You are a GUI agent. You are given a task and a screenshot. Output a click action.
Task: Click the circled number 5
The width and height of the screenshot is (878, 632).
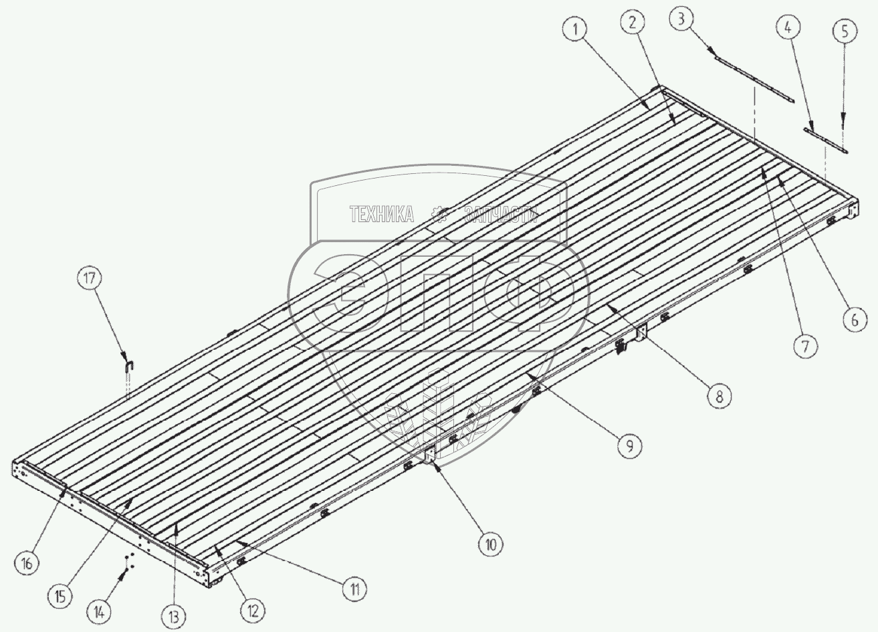click(843, 31)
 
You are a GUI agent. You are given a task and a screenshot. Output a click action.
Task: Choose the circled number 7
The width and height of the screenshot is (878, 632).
click(806, 345)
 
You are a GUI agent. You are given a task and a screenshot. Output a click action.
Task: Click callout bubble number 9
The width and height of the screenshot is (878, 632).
click(629, 446)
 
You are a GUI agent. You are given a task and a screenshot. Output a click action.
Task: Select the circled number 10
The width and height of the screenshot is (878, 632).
click(491, 544)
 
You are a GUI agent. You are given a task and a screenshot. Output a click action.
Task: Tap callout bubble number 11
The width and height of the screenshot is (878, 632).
click(355, 589)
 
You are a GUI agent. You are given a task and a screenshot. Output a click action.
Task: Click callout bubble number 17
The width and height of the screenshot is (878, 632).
click(92, 278)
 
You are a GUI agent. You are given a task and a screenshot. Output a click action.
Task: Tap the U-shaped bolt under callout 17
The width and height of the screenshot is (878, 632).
click(128, 365)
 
